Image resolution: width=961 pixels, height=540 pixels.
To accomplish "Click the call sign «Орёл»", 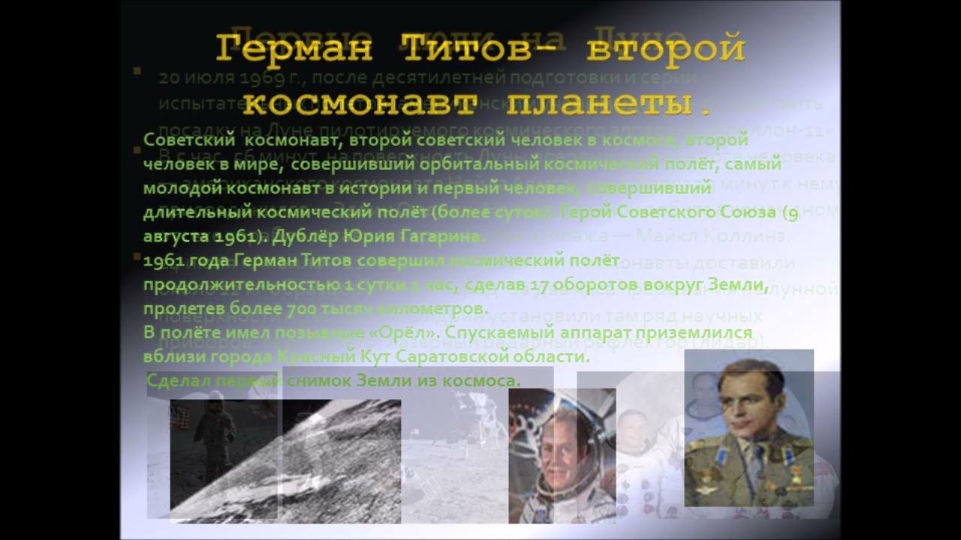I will coord(409,332).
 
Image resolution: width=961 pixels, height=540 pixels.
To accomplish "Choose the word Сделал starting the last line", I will coord(179,381).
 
